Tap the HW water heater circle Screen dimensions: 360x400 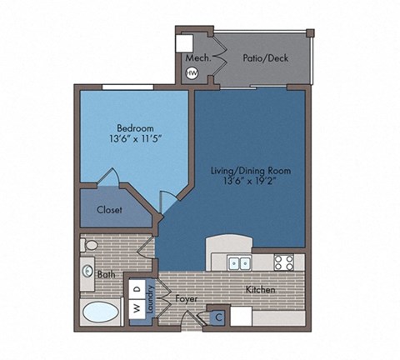[192, 73]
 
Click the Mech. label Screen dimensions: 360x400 [197, 57]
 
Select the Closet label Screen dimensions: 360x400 [109, 210]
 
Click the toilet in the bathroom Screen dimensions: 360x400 [90, 245]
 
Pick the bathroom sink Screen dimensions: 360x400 [88, 270]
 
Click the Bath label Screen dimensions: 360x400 [106, 274]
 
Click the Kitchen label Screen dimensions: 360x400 [260, 290]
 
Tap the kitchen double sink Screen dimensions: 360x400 [241, 263]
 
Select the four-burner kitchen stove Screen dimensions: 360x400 [283, 262]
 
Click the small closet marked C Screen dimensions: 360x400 [219, 317]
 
